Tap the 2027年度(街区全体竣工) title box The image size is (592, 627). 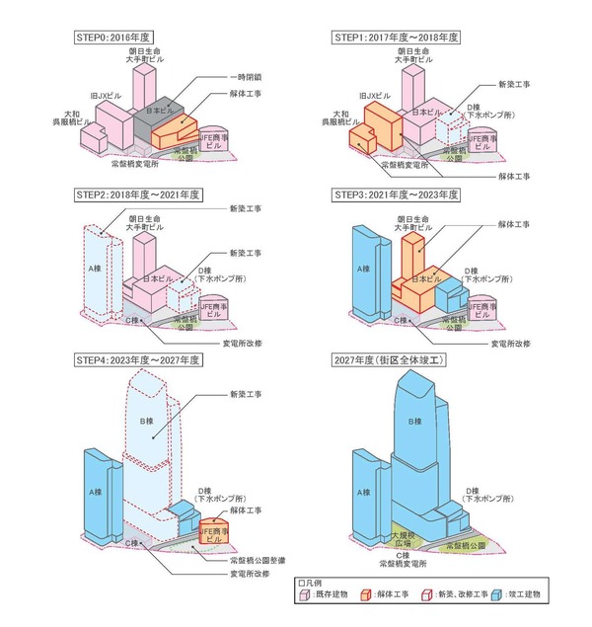coord(390,362)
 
